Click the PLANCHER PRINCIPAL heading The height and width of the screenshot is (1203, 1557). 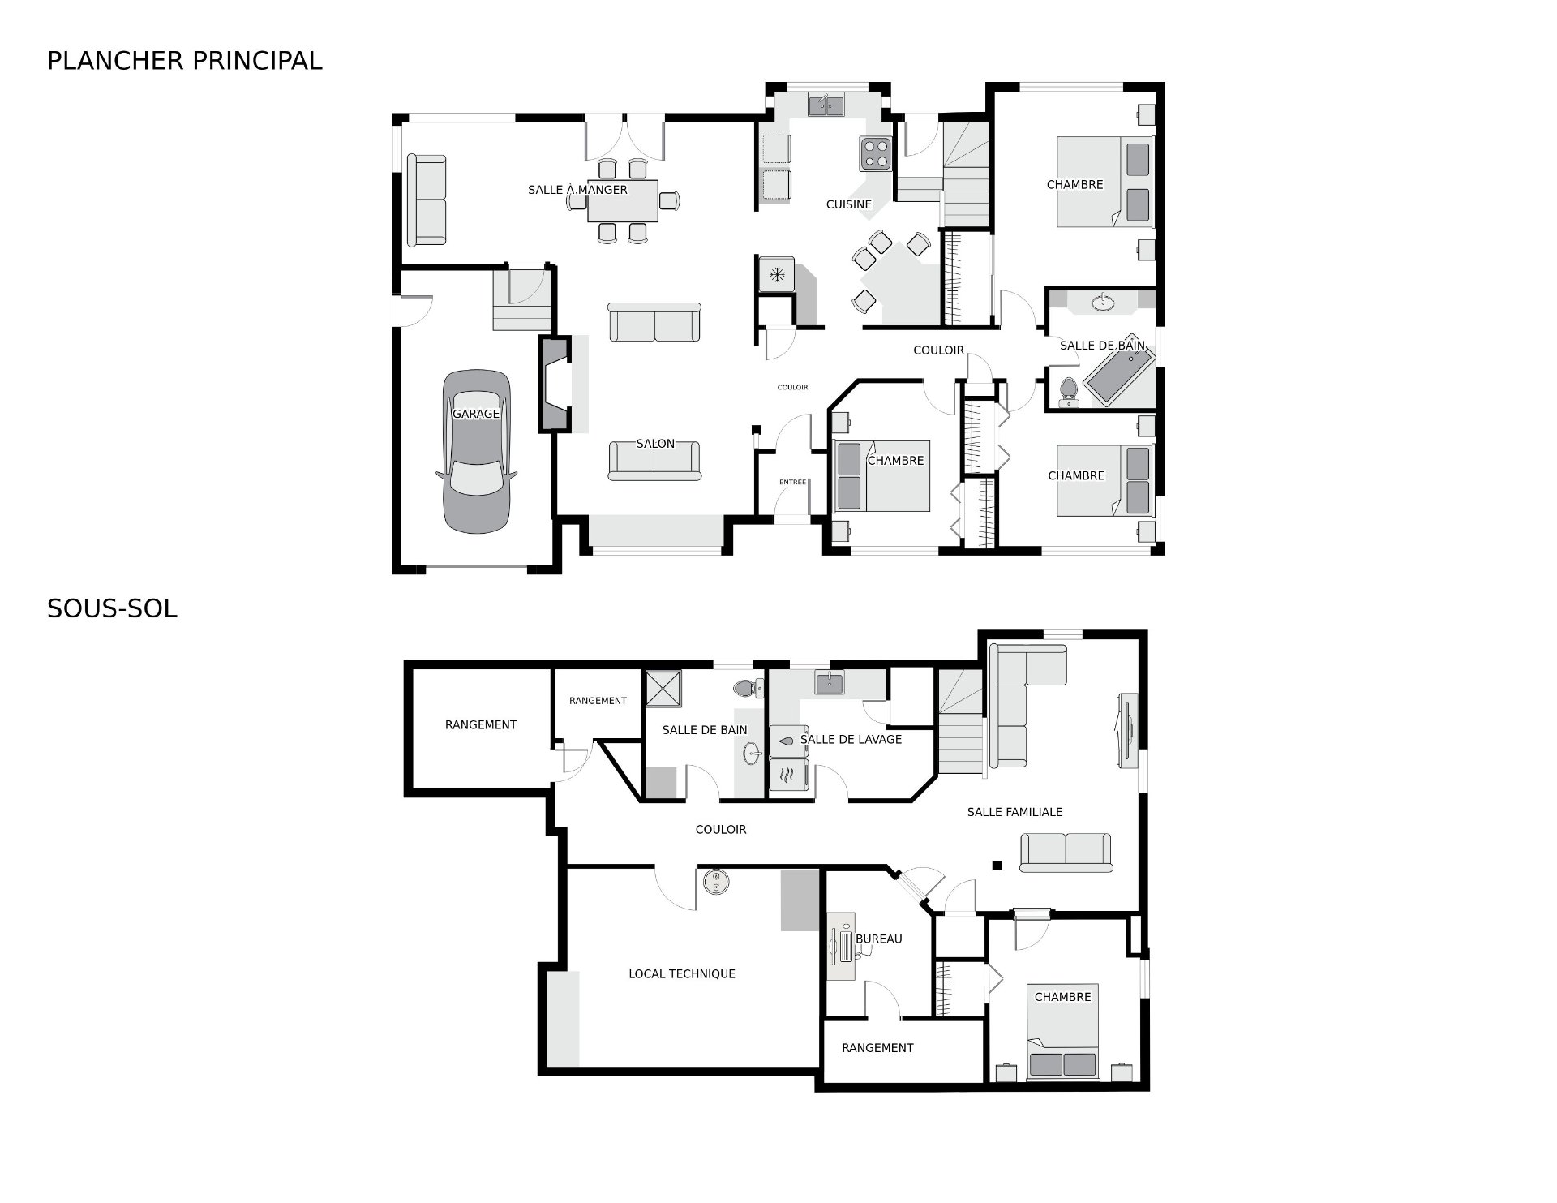(x=184, y=61)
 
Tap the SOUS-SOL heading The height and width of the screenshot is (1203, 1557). (x=112, y=608)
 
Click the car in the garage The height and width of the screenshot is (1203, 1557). (x=477, y=452)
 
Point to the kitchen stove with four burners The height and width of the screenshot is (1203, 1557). (x=876, y=153)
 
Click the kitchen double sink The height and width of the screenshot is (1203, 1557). (x=826, y=105)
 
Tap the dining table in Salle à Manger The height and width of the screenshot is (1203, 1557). (x=623, y=200)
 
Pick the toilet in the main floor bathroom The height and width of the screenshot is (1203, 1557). (x=1068, y=392)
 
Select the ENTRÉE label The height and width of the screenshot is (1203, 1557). (x=792, y=482)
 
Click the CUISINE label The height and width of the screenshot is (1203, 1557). (x=849, y=204)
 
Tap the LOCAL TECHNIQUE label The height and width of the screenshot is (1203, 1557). (x=682, y=973)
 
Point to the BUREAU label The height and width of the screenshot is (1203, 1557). (x=879, y=939)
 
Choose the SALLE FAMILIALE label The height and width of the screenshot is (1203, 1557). (x=1014, y=811)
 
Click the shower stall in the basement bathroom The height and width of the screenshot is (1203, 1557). (x=663, y=689)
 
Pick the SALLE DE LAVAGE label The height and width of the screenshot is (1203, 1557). (x=851, y=739)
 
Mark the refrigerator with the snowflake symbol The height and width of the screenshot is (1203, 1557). (x=777, y=274)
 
